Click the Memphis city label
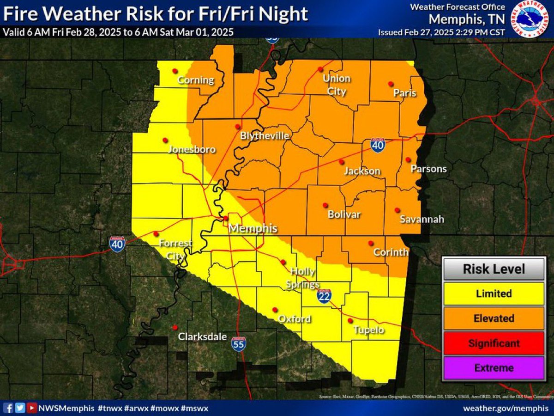253,228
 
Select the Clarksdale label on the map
203,336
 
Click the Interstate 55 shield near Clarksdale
239,343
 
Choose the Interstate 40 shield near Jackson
378,145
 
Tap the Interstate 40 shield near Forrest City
117,244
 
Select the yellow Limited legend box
494,294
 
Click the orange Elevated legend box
494,318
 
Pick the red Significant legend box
494,343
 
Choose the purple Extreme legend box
494,368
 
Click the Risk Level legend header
494,269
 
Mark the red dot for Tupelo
350,320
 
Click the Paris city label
405,93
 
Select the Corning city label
196,80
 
